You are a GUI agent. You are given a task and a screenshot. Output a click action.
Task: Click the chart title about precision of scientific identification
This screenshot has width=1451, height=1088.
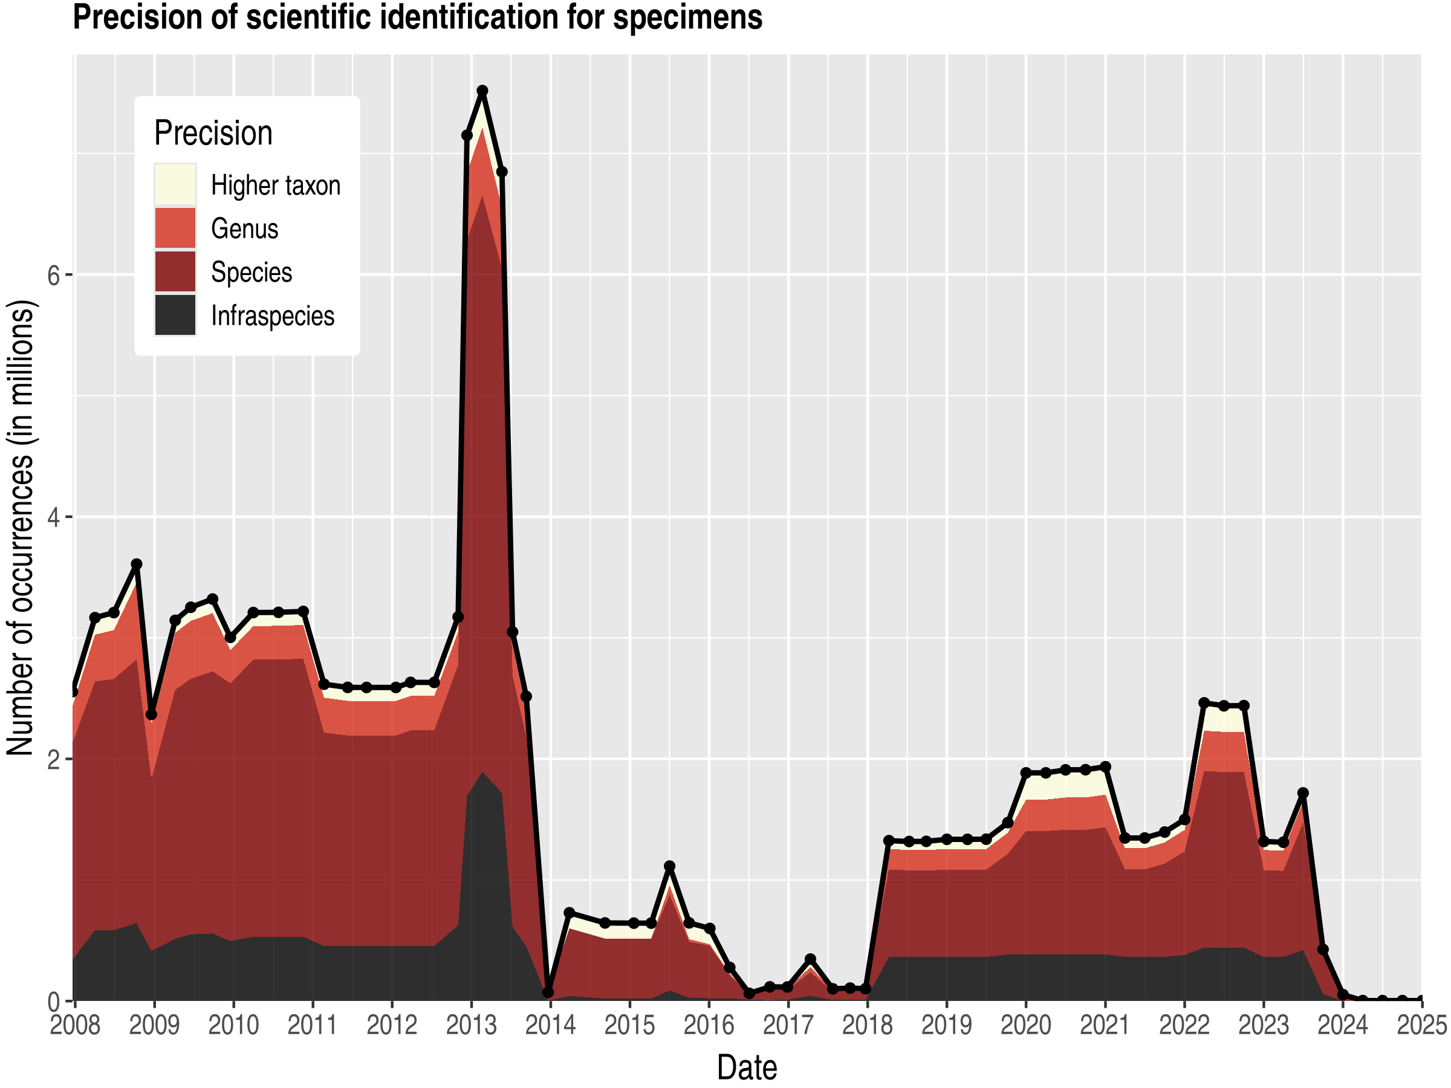(x=417, y=17)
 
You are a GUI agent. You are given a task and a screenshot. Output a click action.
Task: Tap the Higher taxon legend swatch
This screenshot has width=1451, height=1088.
(x=175, y=185)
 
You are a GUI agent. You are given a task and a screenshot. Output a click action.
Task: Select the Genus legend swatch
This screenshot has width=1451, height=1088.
(x=175, y=228)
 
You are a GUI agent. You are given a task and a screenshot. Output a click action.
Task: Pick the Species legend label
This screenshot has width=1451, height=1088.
(x=252, y=272)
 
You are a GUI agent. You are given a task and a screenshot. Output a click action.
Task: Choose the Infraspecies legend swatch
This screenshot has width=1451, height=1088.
(x=175, y=316)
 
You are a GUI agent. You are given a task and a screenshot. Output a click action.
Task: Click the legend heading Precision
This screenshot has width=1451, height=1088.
(x=213, y=133)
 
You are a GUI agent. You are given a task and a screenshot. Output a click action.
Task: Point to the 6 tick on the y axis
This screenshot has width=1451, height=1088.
(x=53, y=276)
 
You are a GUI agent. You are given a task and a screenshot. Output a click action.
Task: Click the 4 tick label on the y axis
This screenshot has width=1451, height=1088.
(x=53, y=517)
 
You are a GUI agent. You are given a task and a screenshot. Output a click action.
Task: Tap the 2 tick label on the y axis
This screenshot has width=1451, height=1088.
(x=53, y=759)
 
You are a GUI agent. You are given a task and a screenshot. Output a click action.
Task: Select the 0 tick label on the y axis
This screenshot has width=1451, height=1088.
(x=53, y=1002)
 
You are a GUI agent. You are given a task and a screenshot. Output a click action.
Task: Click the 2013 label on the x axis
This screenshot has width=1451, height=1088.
(x=471, y=1025)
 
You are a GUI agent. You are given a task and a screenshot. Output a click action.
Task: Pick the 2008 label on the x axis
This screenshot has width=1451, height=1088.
(x=75, y=1025)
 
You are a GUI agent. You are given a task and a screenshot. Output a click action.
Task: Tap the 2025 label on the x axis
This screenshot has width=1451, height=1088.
(x=1421, y=1025)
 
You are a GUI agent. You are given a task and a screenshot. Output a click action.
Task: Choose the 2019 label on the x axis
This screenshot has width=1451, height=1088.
(x=947, y=1025)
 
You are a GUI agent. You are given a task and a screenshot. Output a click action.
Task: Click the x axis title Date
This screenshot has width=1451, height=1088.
(x=747, y=1067)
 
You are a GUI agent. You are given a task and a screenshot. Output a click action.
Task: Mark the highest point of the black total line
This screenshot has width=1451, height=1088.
(x=482, y=91)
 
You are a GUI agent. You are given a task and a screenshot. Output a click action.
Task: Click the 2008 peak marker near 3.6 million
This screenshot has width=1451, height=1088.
(x=137, y=564)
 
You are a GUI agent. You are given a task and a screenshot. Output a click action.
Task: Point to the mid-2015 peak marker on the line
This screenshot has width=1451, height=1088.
(x=669, y=866)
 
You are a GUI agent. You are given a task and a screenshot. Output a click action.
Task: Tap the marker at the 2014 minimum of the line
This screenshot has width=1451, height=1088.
(x=548, y=992)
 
